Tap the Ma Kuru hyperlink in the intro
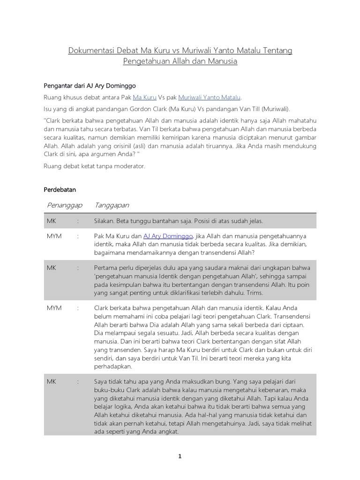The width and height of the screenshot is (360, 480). point(144,97)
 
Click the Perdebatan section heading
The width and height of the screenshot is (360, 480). point(60,190)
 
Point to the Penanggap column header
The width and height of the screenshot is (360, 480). point(65,205)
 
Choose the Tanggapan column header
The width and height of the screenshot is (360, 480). point(112,205)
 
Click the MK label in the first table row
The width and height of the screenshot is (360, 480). point(51,221)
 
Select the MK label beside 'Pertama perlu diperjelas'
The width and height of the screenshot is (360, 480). point(51,268)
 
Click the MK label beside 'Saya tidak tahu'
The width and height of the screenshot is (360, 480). point(51,382)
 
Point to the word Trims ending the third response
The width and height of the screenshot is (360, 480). point(254,293)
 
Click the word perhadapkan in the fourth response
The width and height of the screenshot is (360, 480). point(113,367)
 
